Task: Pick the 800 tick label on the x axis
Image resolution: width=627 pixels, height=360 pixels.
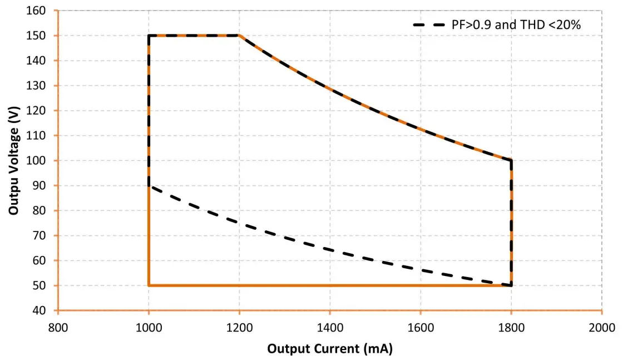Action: (58, 327)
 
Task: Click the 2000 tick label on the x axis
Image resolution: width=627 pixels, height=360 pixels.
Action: (602, 327)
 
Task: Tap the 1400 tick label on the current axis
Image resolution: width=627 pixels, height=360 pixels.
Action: (330, 327)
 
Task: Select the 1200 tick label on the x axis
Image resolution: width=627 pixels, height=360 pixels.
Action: (239, 327)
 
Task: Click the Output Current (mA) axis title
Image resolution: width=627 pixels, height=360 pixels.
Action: (330, 349)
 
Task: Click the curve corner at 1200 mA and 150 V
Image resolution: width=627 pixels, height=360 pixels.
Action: (239, 36)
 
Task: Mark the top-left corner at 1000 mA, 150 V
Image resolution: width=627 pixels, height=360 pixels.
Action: (149, 36)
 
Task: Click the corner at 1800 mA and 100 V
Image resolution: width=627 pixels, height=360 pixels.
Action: (511, 161)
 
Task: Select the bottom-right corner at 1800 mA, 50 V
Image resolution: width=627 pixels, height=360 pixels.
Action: (511, 285)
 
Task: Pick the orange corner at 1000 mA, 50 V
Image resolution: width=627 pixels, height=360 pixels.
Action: (149, 285)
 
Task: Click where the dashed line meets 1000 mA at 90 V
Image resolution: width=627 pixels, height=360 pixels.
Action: (149, 186)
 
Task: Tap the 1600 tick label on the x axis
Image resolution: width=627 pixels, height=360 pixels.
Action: (421, 327)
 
